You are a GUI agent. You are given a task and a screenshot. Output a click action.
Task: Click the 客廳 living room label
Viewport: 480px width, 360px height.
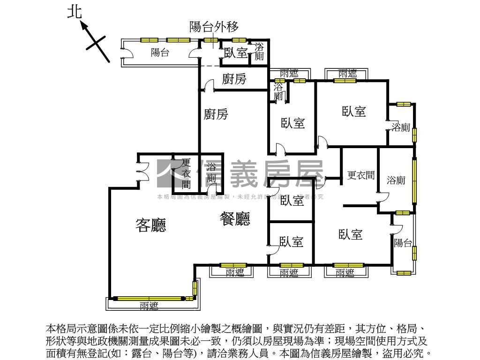click(151, 226)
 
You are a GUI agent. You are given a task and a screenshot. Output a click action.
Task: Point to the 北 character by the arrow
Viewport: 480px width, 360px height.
click(75, 13)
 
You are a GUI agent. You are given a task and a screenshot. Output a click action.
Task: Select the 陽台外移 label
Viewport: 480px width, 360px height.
click(214, 26)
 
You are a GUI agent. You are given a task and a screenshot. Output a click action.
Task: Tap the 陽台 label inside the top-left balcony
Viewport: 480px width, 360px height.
click(160, 52)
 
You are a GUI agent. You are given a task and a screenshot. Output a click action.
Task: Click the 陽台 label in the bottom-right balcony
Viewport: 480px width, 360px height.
click(403, 243)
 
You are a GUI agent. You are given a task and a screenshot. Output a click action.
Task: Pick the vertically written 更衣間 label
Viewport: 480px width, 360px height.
click(187, 173)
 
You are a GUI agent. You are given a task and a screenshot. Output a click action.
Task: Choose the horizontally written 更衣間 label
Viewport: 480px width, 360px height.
click(360, 175)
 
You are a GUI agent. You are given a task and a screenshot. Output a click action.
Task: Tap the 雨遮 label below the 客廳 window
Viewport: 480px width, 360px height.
click(149, 306)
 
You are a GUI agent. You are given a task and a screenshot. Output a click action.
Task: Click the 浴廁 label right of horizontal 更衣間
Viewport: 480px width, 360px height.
click(396, 180)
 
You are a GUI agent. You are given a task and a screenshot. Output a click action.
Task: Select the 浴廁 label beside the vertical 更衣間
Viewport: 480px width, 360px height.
click(212, 173)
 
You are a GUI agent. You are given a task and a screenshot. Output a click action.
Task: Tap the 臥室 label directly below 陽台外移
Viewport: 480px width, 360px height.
click(235, 53)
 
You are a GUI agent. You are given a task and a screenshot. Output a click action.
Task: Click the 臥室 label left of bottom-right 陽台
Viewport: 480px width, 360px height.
click(351, 234)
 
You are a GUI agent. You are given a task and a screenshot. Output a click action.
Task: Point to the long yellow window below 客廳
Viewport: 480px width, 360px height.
click(149, 298)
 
